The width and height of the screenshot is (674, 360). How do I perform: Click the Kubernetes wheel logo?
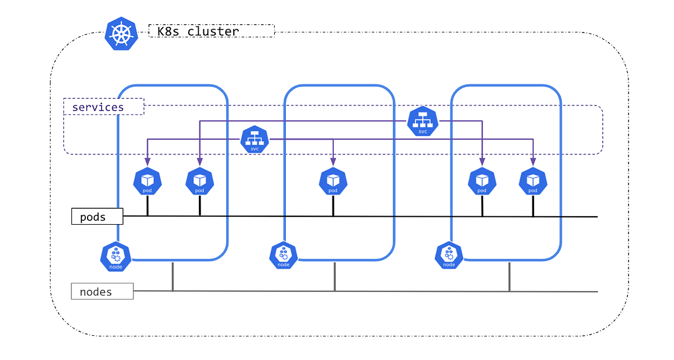tap(121, 34)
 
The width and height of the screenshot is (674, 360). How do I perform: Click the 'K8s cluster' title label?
tap(212, 31)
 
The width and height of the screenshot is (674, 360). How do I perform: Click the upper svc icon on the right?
tap(422, 121)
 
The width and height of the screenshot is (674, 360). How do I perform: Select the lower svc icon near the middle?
tap(254, 139)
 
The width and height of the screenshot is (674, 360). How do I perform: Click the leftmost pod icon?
tap(147, 181)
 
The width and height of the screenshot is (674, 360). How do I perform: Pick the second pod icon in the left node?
tap(199, 181)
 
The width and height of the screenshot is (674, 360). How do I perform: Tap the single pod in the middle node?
tap(333, 181)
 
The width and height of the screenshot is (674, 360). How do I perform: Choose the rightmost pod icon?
tap(533, 181)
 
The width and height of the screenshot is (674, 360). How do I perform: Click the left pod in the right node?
tap(482, 181)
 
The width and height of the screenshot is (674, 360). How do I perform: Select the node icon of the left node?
tap(116, 257)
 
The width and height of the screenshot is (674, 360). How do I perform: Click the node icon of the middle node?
tap(284, 256)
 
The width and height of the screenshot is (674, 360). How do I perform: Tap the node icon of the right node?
tap(449, 256)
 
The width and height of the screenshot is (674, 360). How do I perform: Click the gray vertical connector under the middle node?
tap(335, 276)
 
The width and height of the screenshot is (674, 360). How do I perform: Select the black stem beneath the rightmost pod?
tap(533, 206)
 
